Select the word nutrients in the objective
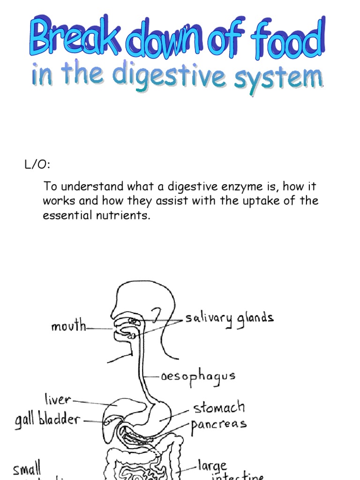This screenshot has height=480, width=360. [124, 216]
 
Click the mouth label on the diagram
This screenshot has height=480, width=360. [69, 325]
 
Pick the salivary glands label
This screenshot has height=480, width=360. [229, 319]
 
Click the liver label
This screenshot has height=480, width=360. [58, 400]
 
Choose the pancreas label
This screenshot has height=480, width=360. [219, 425]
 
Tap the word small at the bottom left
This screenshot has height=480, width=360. [27, 469]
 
